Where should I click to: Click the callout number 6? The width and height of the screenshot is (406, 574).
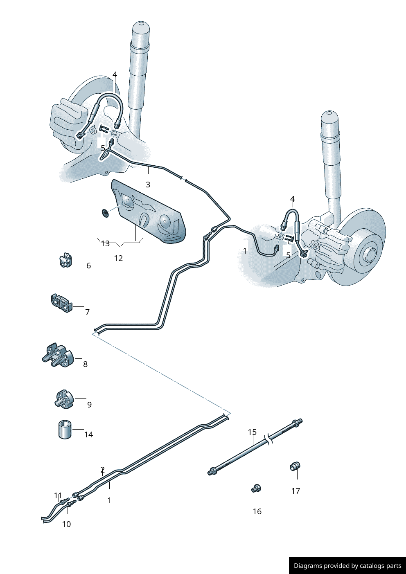tap(88, 266)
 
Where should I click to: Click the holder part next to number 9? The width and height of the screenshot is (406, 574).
tap(64, 399)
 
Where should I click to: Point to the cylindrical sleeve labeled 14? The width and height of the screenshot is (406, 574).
tap(65, 429)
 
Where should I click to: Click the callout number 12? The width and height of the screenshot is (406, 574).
tap(118, 258)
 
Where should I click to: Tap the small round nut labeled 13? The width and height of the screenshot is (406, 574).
tap(105, 213)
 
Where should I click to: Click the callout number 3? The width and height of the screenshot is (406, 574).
tap(148, 185)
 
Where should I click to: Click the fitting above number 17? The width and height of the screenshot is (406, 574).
tap(295, 466)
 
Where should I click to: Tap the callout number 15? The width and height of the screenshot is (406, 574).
tap(252, 432)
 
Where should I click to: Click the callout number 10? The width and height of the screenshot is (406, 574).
tap(66, 524)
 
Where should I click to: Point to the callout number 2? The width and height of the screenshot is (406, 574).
tap(102, 470)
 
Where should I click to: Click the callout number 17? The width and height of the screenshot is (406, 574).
tap(295, 491)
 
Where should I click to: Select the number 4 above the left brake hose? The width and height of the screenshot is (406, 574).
tap(115, 74)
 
